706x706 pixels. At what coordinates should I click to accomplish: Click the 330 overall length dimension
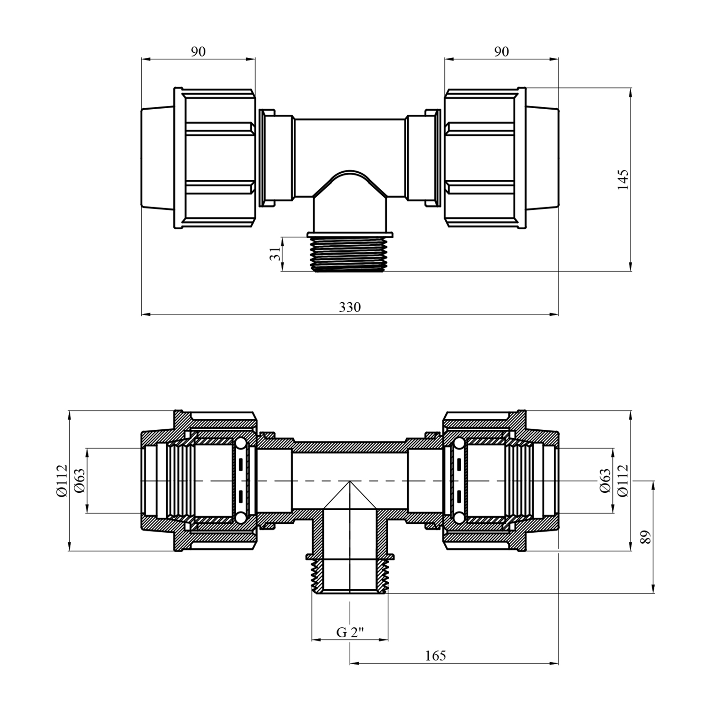point(350,307)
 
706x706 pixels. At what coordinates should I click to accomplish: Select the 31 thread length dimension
point(277,254)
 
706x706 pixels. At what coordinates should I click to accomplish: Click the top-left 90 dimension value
point(198,52)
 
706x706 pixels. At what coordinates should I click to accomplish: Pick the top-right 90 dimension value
point(502,52)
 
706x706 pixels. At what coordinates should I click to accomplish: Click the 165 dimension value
point(435,656)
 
